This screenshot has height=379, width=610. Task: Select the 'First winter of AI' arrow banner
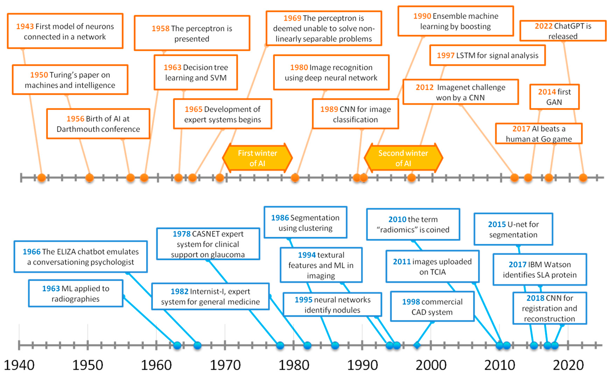257,158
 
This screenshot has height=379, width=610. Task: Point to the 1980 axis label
294,365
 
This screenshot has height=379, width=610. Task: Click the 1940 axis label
19,365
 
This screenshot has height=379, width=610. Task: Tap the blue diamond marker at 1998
417,345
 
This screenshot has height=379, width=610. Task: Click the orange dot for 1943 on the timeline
42,178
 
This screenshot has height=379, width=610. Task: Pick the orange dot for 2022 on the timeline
583,178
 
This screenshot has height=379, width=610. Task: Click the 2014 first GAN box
554,97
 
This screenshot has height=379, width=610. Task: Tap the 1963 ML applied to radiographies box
76,293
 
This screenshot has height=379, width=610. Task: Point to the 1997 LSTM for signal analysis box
487,55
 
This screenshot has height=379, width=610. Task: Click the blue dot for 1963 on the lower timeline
177,345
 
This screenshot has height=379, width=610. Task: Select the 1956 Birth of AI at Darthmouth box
98,124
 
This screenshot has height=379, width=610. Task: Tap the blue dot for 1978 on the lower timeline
280,345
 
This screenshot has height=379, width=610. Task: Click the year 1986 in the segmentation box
280,218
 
